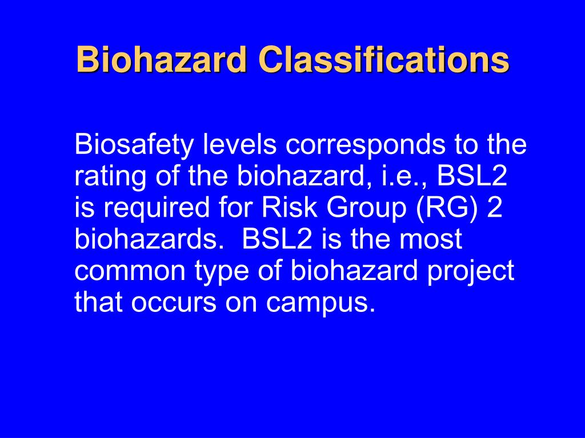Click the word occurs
pos(172,303)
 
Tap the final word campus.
pos(321,303)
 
